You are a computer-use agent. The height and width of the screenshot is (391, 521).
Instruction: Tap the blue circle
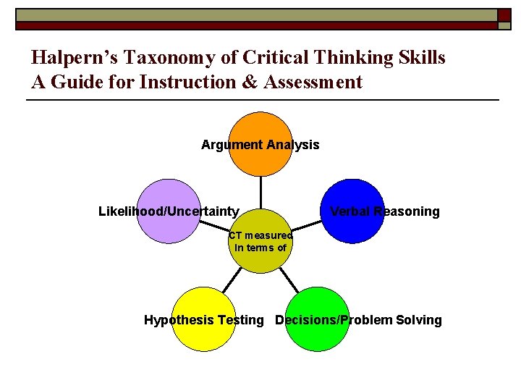click(x=352, y=197)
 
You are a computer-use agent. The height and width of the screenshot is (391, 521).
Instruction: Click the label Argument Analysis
click(x=260, y=145)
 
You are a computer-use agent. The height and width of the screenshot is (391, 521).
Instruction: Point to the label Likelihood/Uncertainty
click(x=169, y=211)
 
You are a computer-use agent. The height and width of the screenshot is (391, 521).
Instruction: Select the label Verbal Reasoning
click(x=384, y=211)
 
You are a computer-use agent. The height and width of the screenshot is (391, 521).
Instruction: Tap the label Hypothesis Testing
click(x=204, y=320)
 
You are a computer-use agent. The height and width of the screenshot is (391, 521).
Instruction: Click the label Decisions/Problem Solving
click(x=358, y=320)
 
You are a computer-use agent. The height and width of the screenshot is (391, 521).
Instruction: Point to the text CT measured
click(x=260, y=235)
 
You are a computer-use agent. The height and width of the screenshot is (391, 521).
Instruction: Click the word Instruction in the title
click(x=188, y=82)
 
